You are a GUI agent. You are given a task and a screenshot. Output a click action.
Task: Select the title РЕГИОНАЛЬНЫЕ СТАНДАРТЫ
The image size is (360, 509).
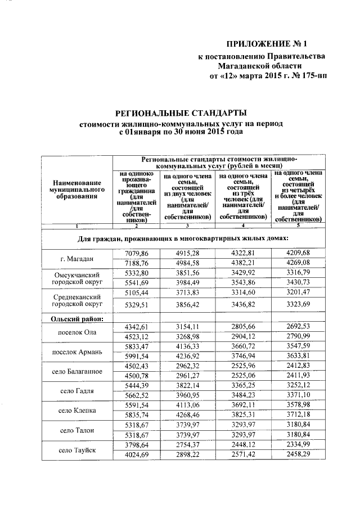pos(182,113)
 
